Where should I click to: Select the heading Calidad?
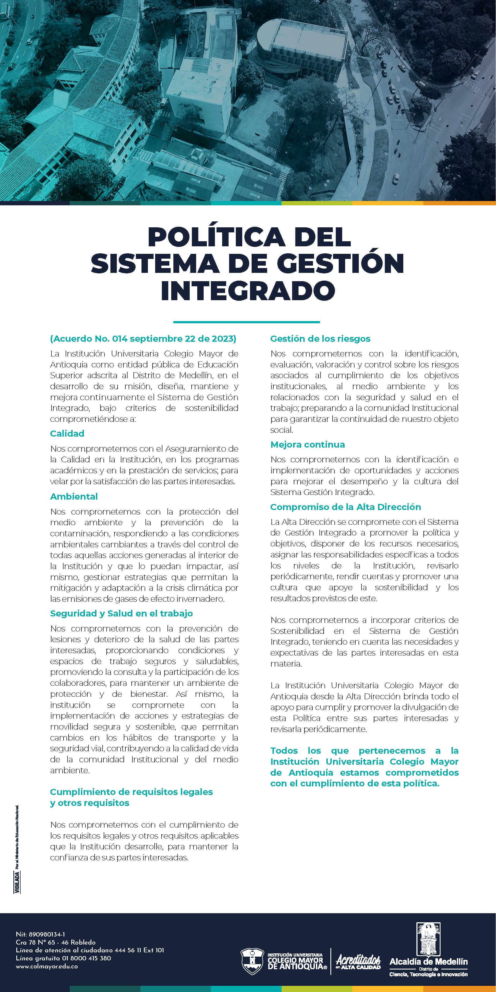pos(67,434)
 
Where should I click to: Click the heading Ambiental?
pos(74,497)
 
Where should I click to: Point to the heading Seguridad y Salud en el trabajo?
pos(121,614)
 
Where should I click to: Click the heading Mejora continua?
pos(307,445)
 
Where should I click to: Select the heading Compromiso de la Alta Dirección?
pos(345,507)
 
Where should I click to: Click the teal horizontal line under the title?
pos(247,322)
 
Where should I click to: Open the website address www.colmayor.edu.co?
pos(47,966)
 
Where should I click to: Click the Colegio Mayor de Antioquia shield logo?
pos(252,961)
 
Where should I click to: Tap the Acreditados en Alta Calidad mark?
pos(358,961)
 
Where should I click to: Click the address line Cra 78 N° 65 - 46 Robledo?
pos(55,942)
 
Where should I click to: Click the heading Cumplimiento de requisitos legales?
pos(131,792)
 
